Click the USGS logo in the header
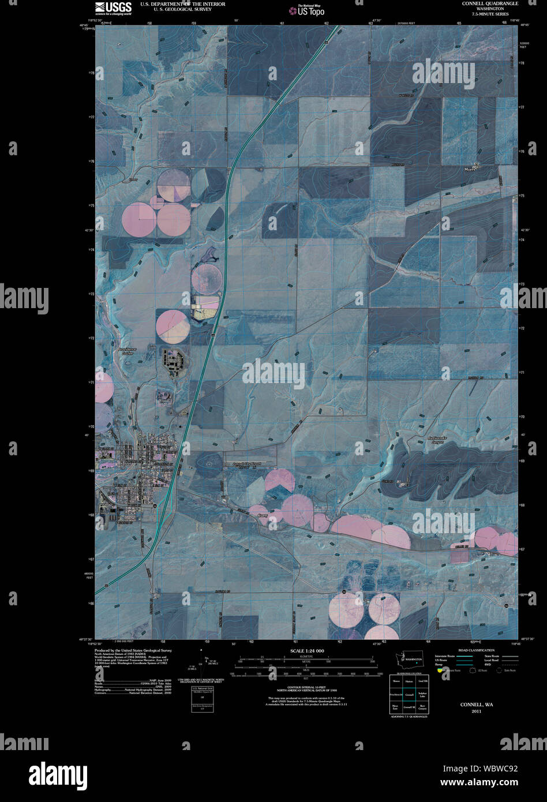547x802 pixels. tap(113, 8)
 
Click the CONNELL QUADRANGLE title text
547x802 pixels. tap(490, 3)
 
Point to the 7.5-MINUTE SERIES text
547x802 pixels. tap(490, 15)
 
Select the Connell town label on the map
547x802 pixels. tap(158, 441)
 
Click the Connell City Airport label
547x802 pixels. tap(247, 464)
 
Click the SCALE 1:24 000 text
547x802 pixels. tap(304, 651)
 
